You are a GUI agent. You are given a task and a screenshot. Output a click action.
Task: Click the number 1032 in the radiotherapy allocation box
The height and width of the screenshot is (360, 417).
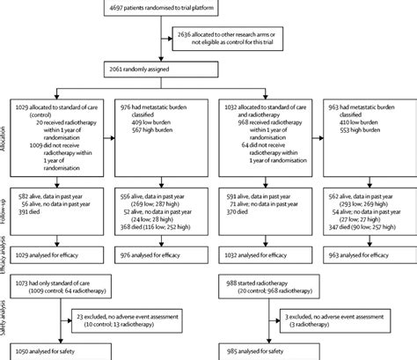pyautogui.click(x=231, y=106)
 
